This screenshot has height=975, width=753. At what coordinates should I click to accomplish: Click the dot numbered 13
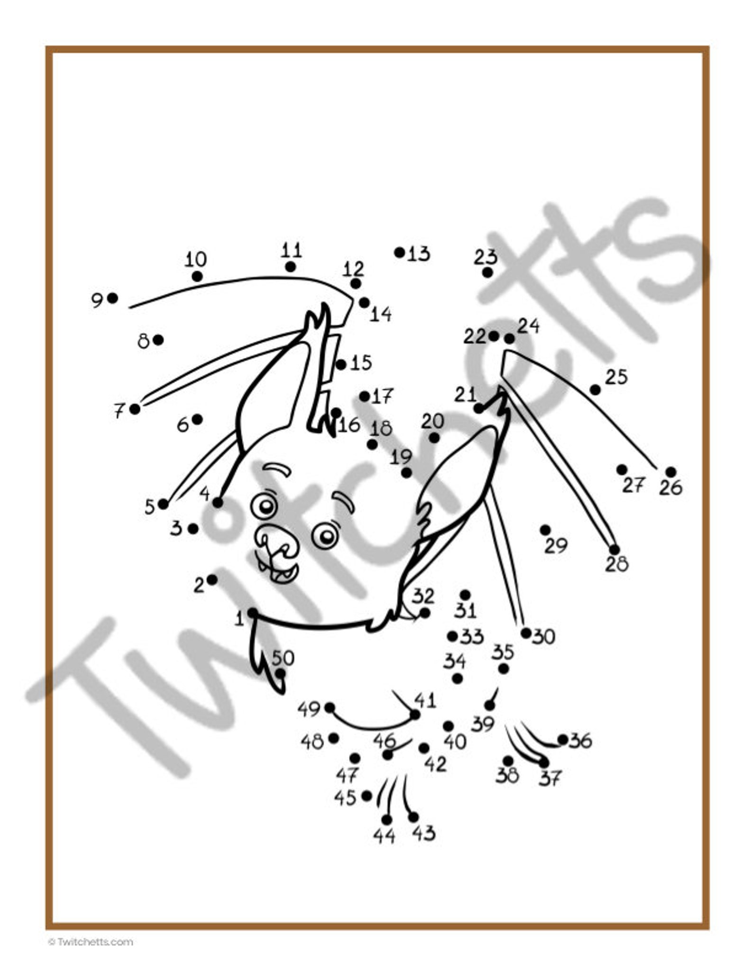pyautogui.click(x=399, y=252)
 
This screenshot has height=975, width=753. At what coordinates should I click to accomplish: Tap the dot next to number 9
pyautogui.click(x=112, y=298)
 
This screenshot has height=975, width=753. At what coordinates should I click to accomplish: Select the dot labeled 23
pyautogui.click(x=487, y=272)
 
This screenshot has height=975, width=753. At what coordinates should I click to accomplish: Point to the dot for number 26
pyautogui.click(x=670, y=472)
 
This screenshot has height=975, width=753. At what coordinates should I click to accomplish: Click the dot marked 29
pyautogui.click(x=545, y=529)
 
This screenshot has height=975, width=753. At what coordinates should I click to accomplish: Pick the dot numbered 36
pyautogui.click(x=563, y=739)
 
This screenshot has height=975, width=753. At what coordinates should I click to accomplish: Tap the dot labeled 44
pyautogui.click(x=386, y=819)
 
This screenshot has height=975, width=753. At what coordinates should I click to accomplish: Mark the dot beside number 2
pyautogui.click(x=212, y=580)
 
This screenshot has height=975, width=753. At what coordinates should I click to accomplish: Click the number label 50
pyautogui.click(x=283, y=658)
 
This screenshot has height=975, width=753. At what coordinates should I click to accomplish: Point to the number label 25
pyautogui.click(x=616, y=377)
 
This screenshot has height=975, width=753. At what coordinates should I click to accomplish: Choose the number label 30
pyautogui.click(x=543, y=637)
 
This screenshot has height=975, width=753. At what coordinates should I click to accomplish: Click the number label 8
pyautogui.click(x=143, y=341)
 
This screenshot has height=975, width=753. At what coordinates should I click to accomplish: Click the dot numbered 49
pyautogui.click(x=330, y=708)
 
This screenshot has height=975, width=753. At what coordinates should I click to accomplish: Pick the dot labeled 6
pyautogui.click(x=197, y=419)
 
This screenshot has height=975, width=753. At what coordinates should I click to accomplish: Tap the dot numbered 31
pyautogui.click(x=465, y=595)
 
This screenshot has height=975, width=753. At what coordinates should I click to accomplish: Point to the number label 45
pyautogui.click(x=345, y=798)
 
